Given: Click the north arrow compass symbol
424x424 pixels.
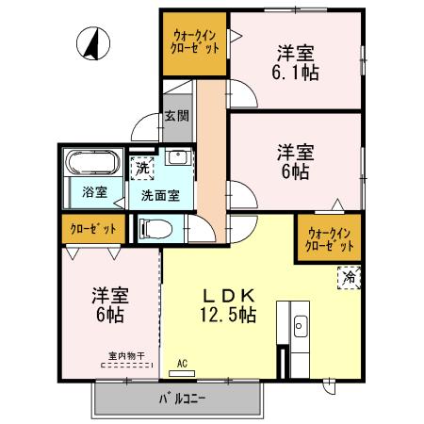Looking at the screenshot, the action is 93,43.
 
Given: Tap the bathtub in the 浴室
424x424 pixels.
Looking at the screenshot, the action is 92,162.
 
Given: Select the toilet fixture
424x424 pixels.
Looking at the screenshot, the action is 156,228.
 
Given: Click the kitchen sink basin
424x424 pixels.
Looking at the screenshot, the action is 300,326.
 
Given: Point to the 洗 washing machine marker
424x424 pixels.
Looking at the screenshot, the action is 142,169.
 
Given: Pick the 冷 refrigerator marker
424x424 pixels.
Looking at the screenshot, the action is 349,278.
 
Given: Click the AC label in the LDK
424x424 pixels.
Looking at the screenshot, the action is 182,364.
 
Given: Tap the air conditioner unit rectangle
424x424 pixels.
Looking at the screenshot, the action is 182,373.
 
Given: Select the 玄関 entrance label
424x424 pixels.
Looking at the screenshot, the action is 177,116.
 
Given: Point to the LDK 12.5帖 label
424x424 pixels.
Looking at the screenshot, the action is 228,305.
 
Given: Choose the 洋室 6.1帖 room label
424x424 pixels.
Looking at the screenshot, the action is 295,63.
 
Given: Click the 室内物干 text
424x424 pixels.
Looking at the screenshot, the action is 126,356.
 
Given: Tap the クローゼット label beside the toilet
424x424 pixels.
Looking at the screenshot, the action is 93,229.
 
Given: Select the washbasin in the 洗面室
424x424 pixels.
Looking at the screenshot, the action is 178,156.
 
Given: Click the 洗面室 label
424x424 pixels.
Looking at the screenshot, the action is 160,196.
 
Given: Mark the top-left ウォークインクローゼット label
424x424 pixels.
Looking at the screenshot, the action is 195,41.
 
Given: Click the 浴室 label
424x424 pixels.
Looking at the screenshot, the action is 95,192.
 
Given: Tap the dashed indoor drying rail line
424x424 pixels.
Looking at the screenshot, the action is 126,366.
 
